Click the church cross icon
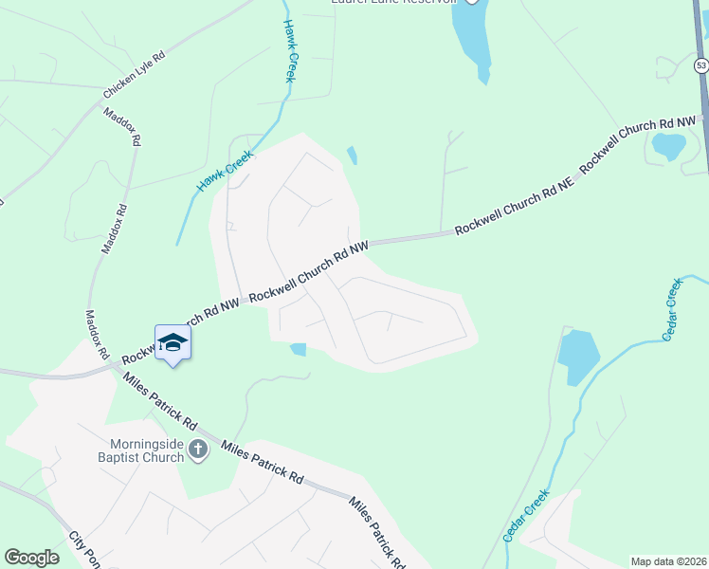[x=198, y=449]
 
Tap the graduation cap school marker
[x=173, y=341]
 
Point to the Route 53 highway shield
[x=700, y=65]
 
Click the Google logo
[x=32, y=558]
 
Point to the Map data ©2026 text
[x=668, y=561]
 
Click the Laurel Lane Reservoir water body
[x=472, y=38]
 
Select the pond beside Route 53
[x=669, y=146]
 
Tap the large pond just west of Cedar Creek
[x=578, y=356]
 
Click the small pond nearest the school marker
[x=299, y=349]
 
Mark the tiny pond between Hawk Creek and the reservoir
[x=353, y=155]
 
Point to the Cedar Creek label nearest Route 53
[x=671, y=309]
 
